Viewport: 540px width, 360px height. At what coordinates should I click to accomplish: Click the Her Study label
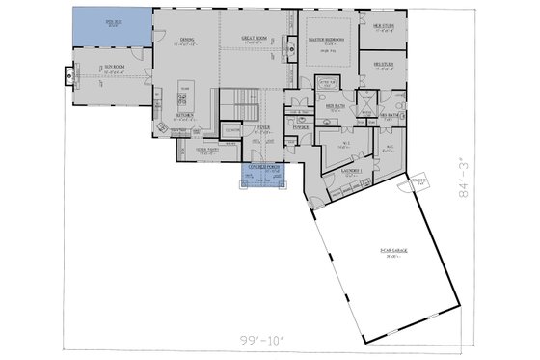point(384,26)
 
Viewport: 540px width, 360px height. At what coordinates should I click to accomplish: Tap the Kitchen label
point(185,115)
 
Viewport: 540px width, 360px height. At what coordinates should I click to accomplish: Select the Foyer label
point(262,127)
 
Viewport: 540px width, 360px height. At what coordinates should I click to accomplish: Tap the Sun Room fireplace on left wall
point(68,75)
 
